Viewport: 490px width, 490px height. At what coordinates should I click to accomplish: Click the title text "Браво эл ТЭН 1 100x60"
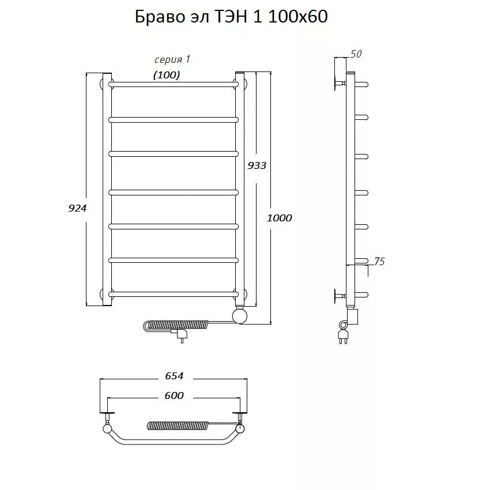231,17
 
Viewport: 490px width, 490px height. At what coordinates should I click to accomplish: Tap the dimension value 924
77,208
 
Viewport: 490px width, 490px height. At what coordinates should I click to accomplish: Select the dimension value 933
257,165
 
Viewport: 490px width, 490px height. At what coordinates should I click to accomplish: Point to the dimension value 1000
279,218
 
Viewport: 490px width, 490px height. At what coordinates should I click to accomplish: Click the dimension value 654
174,376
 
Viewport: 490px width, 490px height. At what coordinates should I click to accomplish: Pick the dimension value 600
174,395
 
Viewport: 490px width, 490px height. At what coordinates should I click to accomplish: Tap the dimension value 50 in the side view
356,54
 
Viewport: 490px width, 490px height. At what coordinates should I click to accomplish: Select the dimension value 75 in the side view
379,261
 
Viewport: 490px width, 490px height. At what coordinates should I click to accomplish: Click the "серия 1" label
172,59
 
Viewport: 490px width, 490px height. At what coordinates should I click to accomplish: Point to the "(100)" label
167,75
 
